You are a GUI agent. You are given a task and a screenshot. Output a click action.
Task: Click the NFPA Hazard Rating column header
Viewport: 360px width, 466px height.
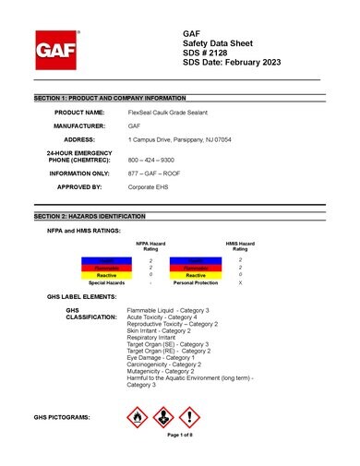[150, 246]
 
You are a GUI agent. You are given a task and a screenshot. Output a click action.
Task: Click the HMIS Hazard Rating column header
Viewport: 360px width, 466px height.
[240, 246]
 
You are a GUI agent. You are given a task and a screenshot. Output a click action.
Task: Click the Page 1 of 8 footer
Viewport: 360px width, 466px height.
[179, 435]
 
